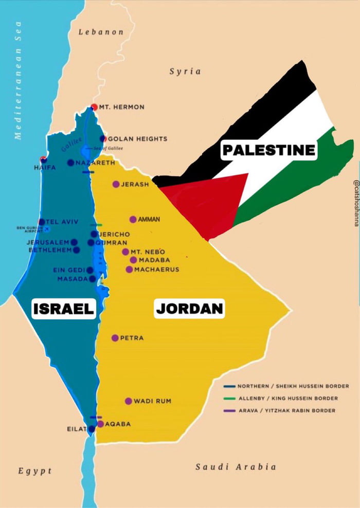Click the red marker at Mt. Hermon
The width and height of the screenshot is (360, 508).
pos(94,107)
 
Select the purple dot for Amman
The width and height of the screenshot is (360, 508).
pos(133,220)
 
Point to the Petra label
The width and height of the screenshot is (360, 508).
pos(132,338)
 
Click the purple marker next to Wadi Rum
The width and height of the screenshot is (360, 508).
pos(129,401)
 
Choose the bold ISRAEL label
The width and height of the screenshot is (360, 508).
pos(63,309)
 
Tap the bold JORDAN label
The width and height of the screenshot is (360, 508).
pos(189,309)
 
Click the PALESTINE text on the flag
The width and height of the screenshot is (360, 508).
pos(268,150)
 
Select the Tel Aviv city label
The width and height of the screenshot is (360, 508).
pos(62,222)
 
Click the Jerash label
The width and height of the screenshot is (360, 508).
pos(135,184)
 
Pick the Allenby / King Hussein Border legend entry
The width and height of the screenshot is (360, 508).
pos(288,398)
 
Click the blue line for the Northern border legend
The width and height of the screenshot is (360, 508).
pos(229,386)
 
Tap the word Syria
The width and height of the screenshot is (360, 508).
pos(185,71)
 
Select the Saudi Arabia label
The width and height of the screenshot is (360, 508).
pos(236,467)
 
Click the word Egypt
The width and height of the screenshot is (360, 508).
pos(35,471)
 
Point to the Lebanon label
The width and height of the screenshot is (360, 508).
pos(101,32)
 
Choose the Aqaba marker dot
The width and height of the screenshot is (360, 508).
pos(101,424)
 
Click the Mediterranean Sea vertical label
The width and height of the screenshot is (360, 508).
pos(19,80)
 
